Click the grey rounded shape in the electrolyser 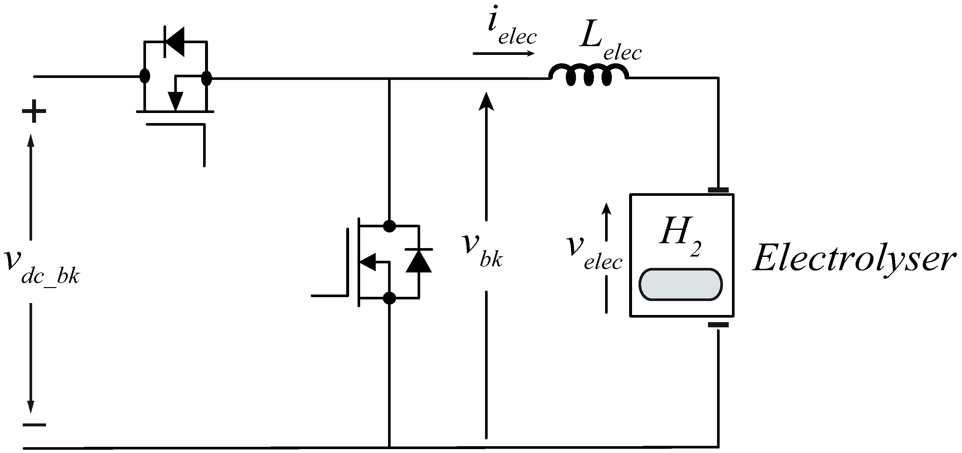[680, 284]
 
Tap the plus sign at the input [34, 111]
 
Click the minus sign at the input [34, 425]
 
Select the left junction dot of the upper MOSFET [144, 76]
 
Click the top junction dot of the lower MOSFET [390, 226]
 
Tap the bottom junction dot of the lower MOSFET [390, 298]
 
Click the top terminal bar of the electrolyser [718, 190]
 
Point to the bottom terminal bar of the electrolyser [718, 325]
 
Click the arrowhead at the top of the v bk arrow [486, 101]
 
